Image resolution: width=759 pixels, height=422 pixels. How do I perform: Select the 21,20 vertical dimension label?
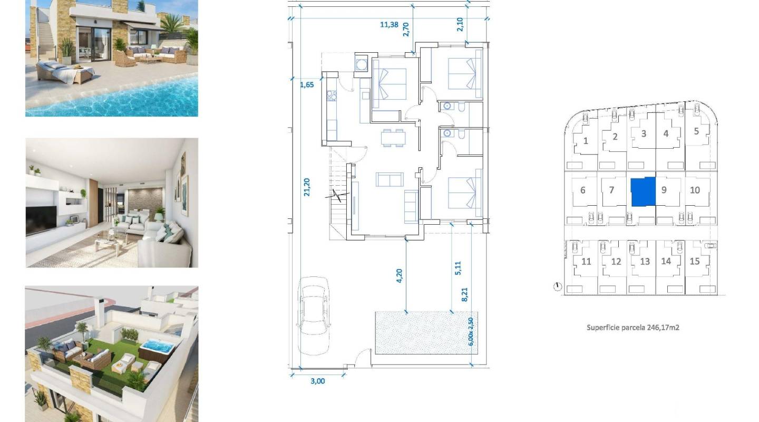pos(307,187)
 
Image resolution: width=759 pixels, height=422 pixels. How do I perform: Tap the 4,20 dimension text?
pos(399,275)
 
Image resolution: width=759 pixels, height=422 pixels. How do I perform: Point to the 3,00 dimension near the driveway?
pos(318,381)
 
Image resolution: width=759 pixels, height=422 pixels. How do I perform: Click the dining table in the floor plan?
pos(394,138)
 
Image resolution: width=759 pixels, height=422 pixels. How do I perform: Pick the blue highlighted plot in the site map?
pos(643,191)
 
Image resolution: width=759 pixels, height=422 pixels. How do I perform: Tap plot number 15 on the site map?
pos(695,261)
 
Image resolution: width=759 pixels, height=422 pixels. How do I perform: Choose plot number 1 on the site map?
pos(586,141)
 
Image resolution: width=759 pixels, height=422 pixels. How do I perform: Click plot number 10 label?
pos(695,190)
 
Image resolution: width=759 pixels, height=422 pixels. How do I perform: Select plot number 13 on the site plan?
pos(645,261)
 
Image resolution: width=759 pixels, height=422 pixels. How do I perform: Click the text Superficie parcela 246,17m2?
pos(632,328)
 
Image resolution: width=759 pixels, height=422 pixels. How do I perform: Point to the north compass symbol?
pos(558,287)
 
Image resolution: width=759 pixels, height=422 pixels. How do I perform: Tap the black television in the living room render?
pos(41,220)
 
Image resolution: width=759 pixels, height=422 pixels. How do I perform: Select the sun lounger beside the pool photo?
pos(66,72)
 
